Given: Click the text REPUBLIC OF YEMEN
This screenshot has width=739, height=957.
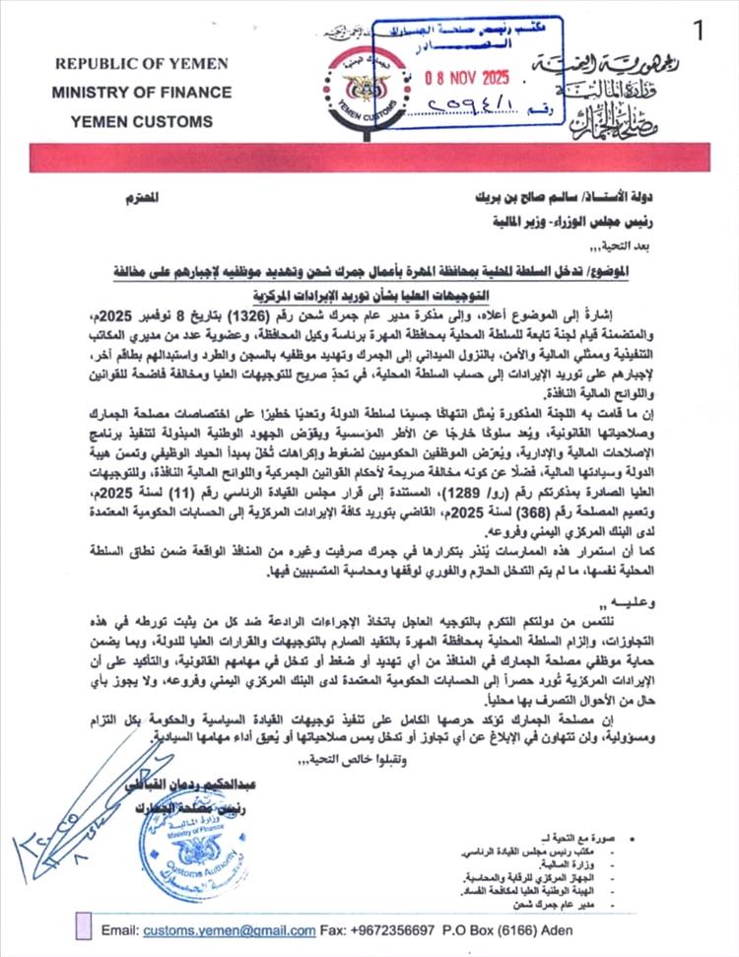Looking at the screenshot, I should tap(142, 64).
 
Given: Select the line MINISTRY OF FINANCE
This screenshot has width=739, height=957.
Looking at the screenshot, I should tap(141, 93).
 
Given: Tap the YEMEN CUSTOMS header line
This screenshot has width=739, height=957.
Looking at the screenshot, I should tap(142, 121).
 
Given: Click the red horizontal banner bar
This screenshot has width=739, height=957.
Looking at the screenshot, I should tap(369, 157).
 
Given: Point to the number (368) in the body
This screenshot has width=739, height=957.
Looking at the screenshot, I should tap(518, 514).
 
